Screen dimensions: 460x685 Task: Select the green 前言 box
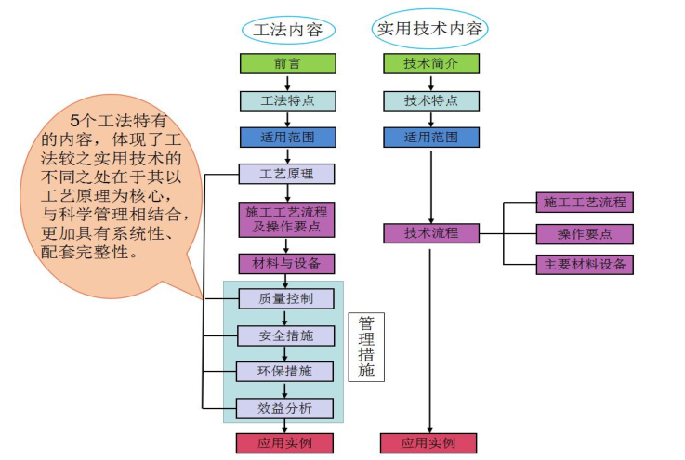pyautogui.click(x=287, y=64)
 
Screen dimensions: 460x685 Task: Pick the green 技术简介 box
pyautogui.click(x=431, y=64)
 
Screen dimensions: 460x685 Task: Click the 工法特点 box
pyautogui.click(x=287, y=100)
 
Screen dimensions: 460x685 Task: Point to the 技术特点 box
pyautogui.click(x=431, y=100)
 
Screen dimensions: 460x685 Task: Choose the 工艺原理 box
pyautogui.click(x=287, y=174)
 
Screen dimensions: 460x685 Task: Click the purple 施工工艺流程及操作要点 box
pyautogui.click(x=287, y=219)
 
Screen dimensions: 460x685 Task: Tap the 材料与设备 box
pyautogui.click(x=287, y=264)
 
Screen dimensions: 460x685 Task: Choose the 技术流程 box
pyautogui.click(x=431, y=233)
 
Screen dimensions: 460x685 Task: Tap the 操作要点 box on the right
pyautogui.click(x=585, y=234)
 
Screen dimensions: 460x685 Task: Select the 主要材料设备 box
pyautogui.click(x=585, y=264)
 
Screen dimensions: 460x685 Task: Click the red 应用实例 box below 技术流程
pyautogui.click(x=429, y=443)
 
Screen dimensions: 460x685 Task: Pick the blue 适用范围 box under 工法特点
pyautogui.click(x=287, y=138)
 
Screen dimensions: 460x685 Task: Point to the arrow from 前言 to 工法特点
pyautogui.click(x=287, y=82)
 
